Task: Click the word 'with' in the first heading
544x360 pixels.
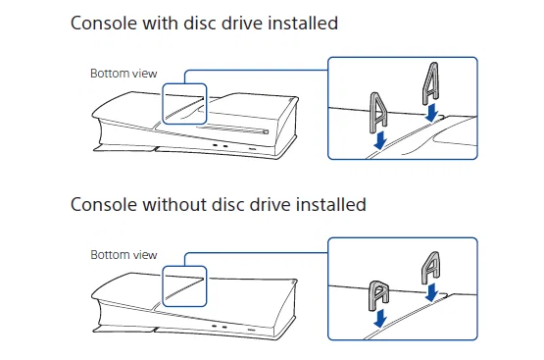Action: [155, 23]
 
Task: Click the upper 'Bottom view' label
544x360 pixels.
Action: [124, 74]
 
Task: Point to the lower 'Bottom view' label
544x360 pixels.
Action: [124, 254]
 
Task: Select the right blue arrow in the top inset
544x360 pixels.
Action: [432, 112]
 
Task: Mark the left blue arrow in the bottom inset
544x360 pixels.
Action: [379, 319]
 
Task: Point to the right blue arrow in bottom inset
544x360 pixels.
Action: [430, 292]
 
